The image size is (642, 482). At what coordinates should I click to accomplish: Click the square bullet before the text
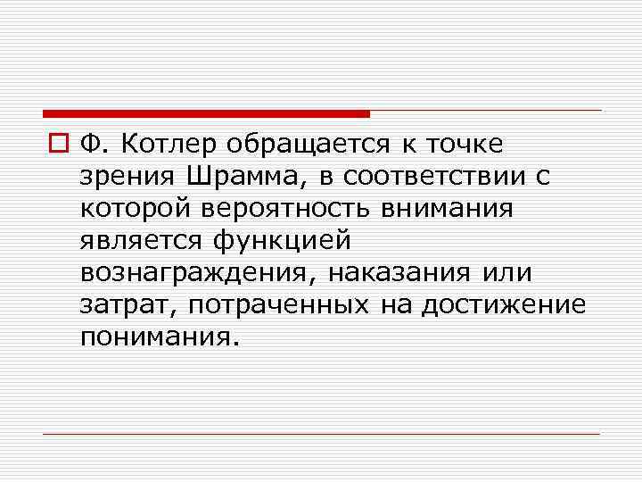(x=62, y=144)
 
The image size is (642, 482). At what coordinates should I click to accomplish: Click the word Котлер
(x=168, y=144)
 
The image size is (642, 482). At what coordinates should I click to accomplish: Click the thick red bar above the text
(x=206, y=114)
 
